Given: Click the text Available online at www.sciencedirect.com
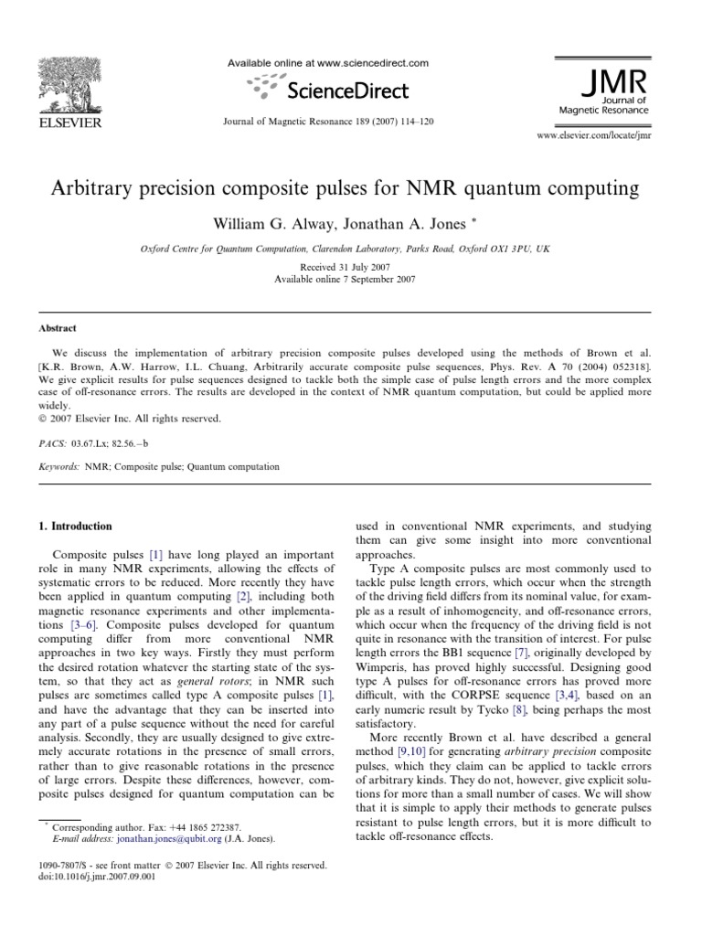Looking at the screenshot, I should click(x=326, y=63).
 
